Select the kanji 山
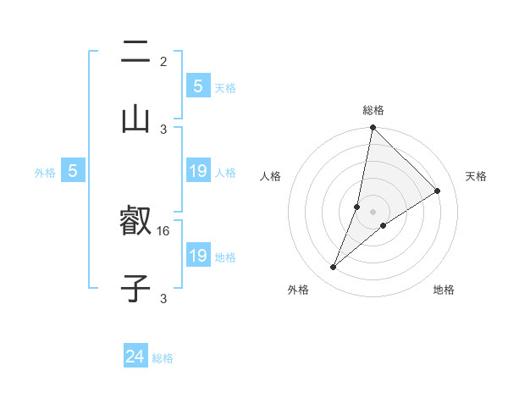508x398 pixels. pyautogui.click(x=135, y=118)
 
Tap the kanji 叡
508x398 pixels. pyautogui.click(x=135, y=223)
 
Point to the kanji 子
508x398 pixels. pyautogui.click(x=135, y=288)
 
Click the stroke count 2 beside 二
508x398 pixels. pyautogui.click(x=163, y=61)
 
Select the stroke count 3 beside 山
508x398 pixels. pyautogui.click(x=163, y=129)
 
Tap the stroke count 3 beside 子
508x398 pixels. pyautogui.click(x=163, y=298)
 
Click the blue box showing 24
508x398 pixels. pyautogui.click(x=135, y=357)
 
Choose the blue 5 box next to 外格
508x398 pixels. pyautogui.click(x=73, y=171)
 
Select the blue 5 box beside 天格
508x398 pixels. pyautogui.click(x=198, y=86)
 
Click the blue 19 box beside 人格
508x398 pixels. pyautogui.click(x=198, y=171)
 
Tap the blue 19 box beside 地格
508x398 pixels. pyautogui.click(x=198, y=256)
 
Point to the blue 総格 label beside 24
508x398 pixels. pyautogui.click(x=163, y=358)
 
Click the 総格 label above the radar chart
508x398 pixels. pyautogui.click(x=373, y=110)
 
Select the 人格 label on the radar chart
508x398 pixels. pyautogui.click(x=271, y=176)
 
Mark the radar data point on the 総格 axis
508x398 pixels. pyautogui.click(x=373, y=127)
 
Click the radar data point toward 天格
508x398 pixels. pyautogui.click(x=438, y=191)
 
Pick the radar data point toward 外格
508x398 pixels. pyautogui.click(x=334, y=268)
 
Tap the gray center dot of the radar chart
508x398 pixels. pyautogui.click(x=373, y=212)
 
